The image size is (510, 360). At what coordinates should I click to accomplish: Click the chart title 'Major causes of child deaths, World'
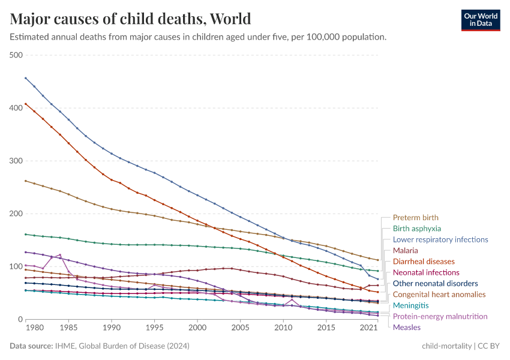click(130, 18)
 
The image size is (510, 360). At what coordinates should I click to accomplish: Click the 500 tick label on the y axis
click(16, 55)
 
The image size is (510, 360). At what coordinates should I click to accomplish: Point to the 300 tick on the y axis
click(16, 161)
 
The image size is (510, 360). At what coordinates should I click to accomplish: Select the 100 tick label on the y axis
click(16, 266)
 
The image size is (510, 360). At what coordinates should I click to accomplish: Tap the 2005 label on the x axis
click(240, 329)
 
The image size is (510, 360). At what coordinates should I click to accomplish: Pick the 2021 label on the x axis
click(368, 329)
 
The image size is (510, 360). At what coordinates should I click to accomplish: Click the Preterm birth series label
click(415, 218)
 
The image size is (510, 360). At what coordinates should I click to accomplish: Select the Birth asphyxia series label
click(416, 229)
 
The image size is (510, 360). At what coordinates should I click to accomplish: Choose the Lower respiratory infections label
click(440, 239)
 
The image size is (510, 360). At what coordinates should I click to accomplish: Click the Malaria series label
click(405, 250)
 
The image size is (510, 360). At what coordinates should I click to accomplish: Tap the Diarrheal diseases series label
click(424, 262)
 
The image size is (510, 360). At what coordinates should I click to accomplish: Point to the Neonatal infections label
click(425, 272)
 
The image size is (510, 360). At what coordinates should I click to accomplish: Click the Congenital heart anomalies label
click(439, 295)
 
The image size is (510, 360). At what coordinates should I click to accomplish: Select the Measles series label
click(406, 327)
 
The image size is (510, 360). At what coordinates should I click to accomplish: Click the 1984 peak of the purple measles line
click(60, 254)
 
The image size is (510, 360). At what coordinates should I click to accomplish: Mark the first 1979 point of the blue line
click(25, 78)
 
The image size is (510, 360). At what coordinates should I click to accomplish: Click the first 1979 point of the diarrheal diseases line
click(25, 104)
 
